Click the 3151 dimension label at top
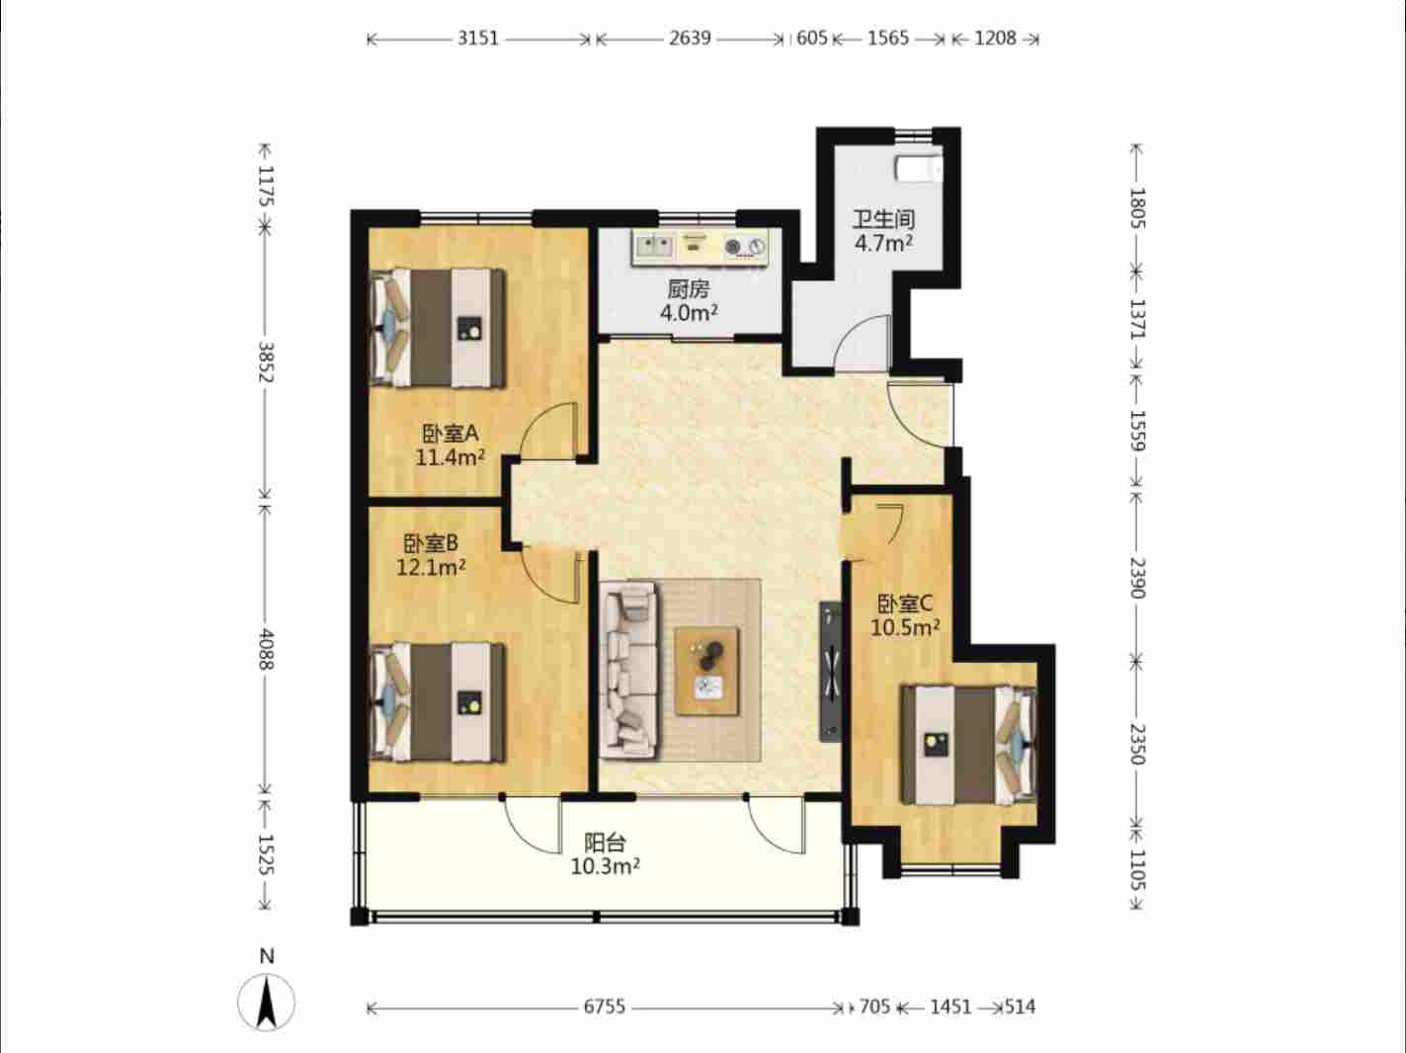click(x=478, y=39)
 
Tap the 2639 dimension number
click(x=690, y=39)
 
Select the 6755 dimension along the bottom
click(x=604, y=1007)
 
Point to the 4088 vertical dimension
click(x=265, y=649)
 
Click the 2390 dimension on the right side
click(x=1137, y=578)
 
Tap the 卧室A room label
click(x=450, y=434)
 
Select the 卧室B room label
click(x=431, y=543)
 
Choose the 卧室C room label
click(x=904, y=603)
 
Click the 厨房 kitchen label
click(x=689, y=289)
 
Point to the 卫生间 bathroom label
click(x=883, y=219)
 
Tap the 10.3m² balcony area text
click(x=606, y=866)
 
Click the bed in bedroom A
click(x=438, y=328)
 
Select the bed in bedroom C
click(x=968, y=745)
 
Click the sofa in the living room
click(x=629, y=670)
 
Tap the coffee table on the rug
click(x=706, y=671)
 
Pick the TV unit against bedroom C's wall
click(x=830, y=671)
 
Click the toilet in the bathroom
click(x=919, y=168)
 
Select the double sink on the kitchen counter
click(x=654, y=246)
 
